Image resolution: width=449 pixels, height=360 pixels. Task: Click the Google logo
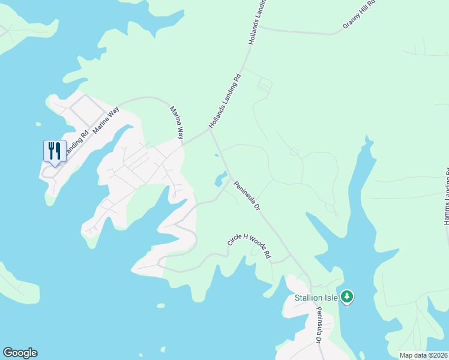pyautogui.click(x=20, y=353)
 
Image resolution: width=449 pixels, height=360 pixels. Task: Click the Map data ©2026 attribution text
pyautogui.click(x=423, y=355)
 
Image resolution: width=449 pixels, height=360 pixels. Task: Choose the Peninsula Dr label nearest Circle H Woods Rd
pyautogui.click(x=247, y=197)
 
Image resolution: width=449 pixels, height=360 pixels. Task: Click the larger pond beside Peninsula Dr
pyautogui.click(x=220, y=178)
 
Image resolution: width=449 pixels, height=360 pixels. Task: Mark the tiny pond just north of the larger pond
pyautogui.click(x=216, y=155)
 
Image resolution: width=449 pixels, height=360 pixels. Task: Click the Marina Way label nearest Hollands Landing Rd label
pyautogui.click(x=176, y=123)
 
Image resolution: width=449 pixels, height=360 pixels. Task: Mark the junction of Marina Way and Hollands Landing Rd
pyautogui.click(x=182, y=144)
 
